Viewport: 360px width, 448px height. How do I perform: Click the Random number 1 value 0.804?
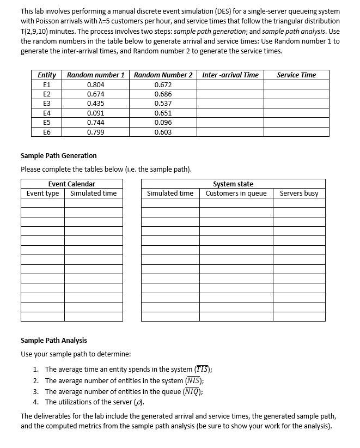coord(96,84)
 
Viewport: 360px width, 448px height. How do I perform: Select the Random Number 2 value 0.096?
coord(163,122)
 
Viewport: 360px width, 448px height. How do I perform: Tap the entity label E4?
coord(47,113)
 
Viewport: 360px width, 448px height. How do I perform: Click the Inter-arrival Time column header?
coord(230,75)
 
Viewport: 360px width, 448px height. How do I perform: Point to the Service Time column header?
coord(296,75)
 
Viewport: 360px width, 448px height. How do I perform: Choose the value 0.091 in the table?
coord(96,113)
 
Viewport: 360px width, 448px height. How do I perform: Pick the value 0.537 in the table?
coord(163,104)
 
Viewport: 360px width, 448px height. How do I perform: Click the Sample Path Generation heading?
coord(58,155)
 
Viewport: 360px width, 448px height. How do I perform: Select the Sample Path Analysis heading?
coord(53,340)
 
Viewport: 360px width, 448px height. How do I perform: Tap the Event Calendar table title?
coord(71,184)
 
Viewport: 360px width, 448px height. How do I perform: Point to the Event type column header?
coord(43,193)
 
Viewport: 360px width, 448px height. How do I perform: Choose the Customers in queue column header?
coord(236,193)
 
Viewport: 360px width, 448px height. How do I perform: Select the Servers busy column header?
coord(299,193)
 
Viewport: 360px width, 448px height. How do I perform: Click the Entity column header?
coord(47,75)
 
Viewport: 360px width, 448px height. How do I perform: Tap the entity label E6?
coord(47,132)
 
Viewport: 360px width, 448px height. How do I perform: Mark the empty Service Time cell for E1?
coord(296,84)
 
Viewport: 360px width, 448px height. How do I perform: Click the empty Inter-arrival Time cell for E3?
coord(230,104)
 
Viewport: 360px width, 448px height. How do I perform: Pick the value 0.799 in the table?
coord(96,132)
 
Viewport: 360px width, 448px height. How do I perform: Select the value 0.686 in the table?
coord(163,94)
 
